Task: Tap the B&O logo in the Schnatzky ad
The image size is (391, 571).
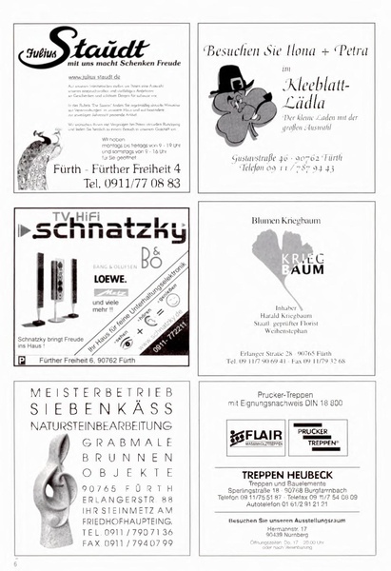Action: [150, 257]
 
